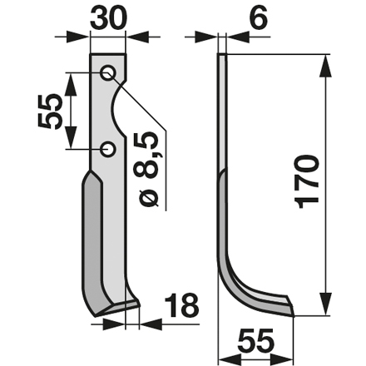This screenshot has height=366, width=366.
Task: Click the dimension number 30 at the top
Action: pyautogui.click(x=108, y=17)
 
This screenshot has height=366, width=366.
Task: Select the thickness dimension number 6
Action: pyautogui.click(x=258, y=18)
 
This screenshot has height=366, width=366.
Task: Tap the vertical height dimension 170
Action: pyautogui.click(x=306, y=181)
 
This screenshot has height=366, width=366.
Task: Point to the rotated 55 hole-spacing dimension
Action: pyautogui.click(x=49, y=111)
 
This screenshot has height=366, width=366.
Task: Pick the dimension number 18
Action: pyautogui.click(x=181, y=305)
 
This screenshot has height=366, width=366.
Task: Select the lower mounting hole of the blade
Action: pyautogui.click(x=108, y=149)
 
